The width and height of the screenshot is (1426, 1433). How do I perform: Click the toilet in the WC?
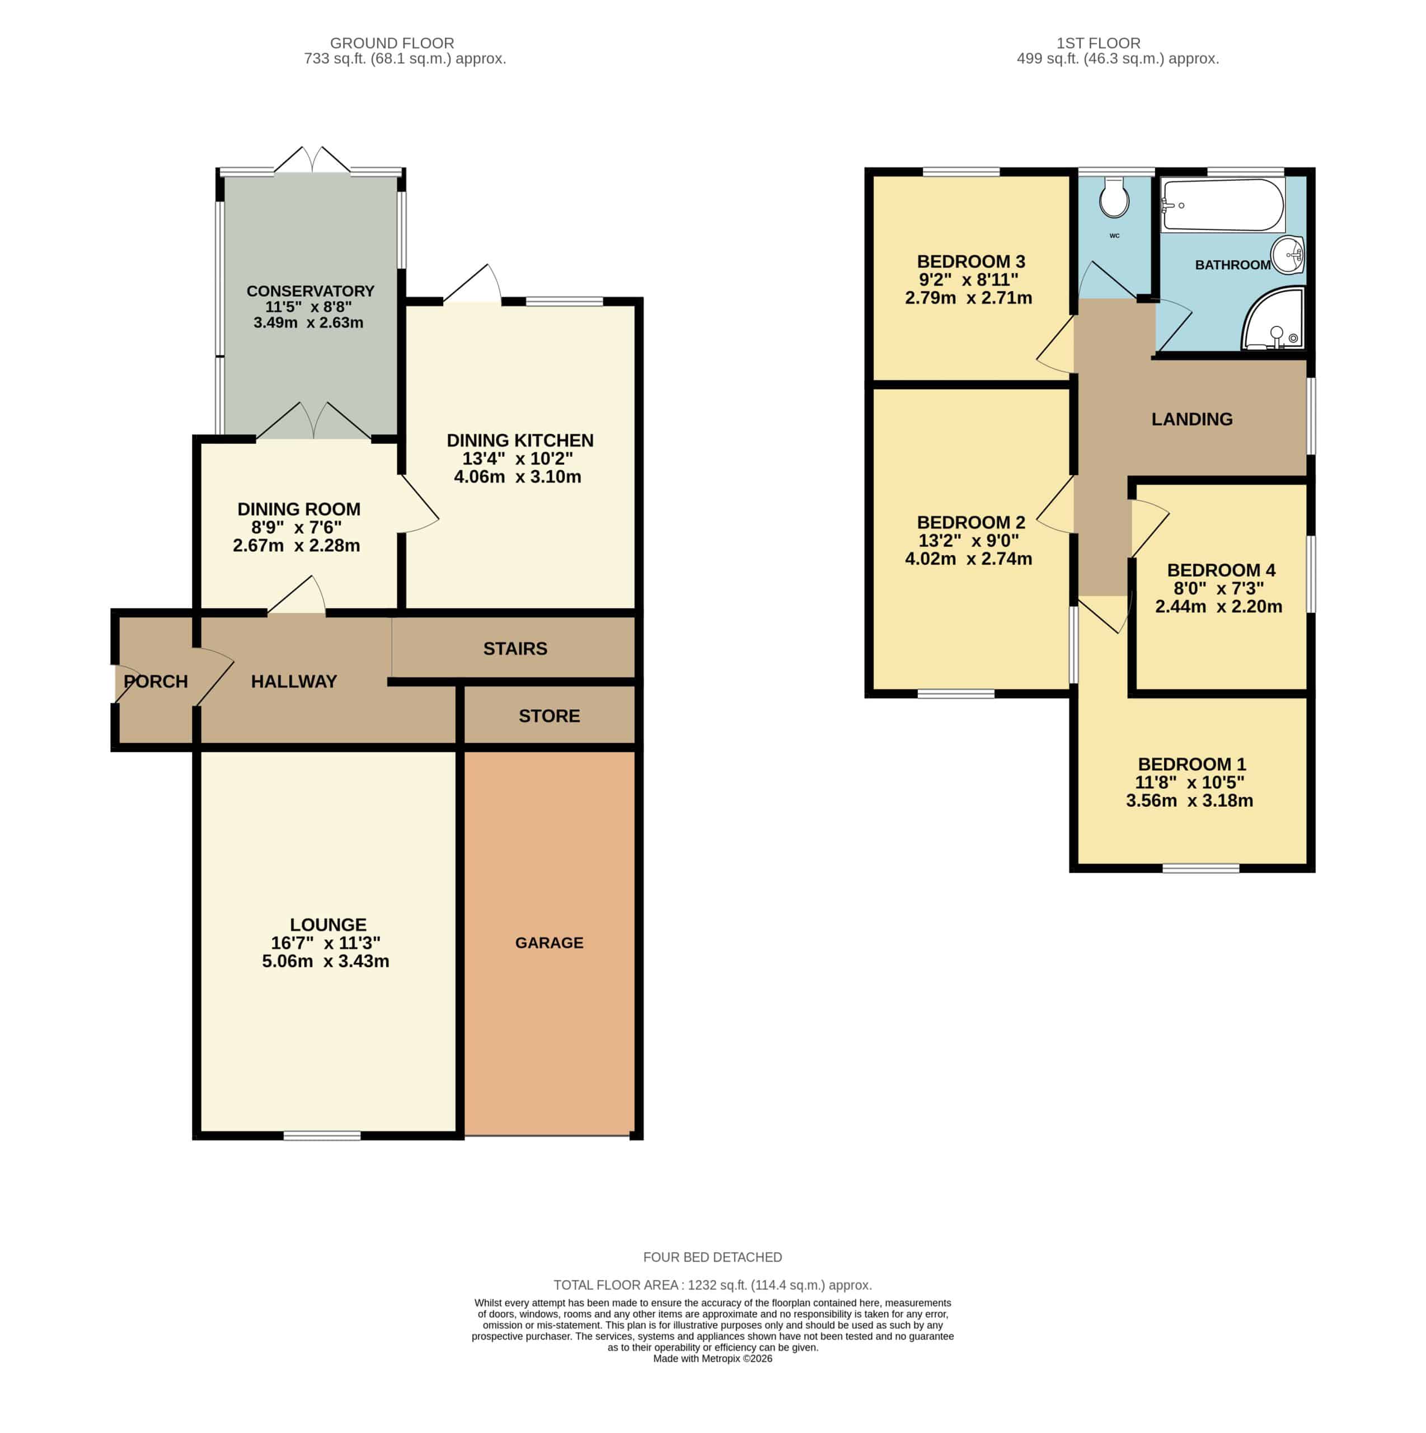click(x=1114, y=196)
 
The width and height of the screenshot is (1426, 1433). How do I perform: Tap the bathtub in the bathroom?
click(x=1223, y=204)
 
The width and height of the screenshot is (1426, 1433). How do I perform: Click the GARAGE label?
click(x=549, y=943)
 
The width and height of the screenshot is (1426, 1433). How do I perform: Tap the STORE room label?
click(x=549, y=716)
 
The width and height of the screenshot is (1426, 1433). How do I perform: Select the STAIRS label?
click(x=515, y=648)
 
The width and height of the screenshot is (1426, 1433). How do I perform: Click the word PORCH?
click(x=156, y=681)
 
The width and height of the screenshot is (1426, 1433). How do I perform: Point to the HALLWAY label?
click(x=294, y=681)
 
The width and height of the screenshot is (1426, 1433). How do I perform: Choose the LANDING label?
click(x=1192, y=419)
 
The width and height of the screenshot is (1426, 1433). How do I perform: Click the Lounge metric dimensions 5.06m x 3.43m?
click(x=326, y=961)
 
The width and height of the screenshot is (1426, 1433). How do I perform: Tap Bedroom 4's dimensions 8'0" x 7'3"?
click(x=1218, y=588)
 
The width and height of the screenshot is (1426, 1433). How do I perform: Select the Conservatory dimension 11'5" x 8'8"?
click(x=308, y=306)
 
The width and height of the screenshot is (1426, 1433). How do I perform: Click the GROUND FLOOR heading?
click(x=392, y=43)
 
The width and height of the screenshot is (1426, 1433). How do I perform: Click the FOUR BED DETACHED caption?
click(x=712, y=1257)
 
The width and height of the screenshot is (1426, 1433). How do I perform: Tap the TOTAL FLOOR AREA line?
click(x=712, y=1285)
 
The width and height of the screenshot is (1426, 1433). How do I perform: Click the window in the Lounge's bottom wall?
click(x=322, y=1136)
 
